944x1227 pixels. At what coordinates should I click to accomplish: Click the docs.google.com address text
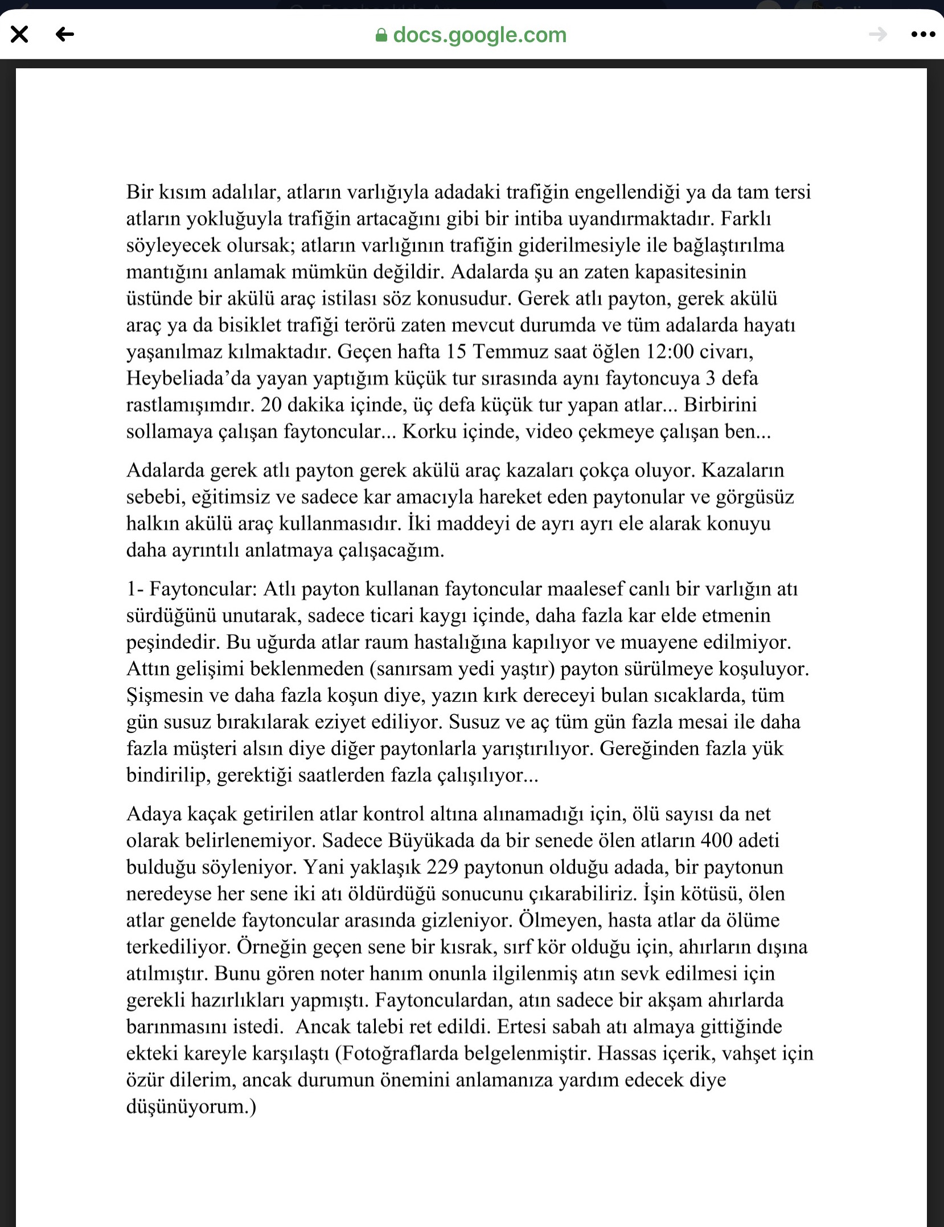click(479, 35)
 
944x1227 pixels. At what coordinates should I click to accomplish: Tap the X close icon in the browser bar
click(19, 35)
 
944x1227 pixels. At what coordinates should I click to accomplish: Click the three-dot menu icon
click(923, 35)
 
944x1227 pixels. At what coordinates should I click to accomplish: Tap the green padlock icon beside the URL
click(381, 36)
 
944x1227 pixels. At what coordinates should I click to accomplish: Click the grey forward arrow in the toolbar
click(878, 35)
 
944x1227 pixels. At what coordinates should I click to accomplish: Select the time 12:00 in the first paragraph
click(670, 352)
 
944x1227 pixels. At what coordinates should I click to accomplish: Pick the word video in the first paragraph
click(549, 431)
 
